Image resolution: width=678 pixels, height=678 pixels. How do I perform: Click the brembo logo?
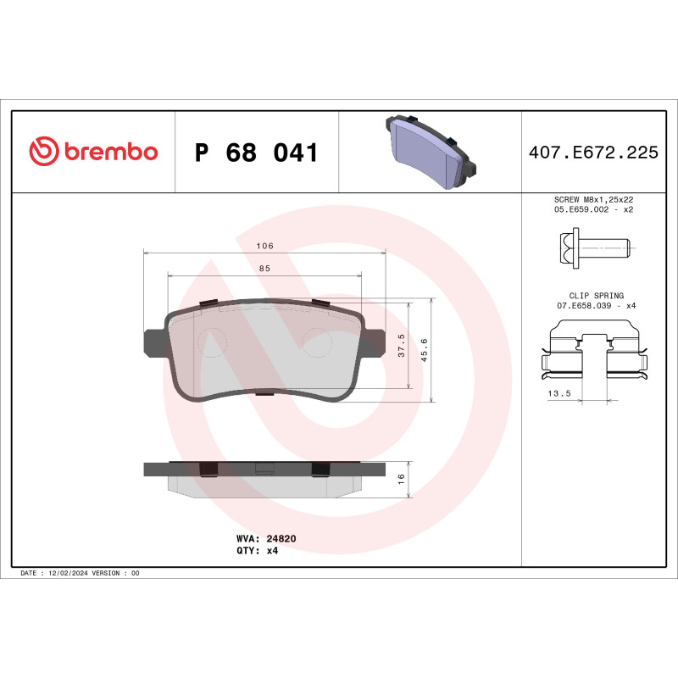(x=93, y=153)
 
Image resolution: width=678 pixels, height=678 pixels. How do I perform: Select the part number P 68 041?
(x=256, y=153)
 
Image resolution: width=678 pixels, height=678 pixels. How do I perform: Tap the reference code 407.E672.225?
(x=593, y=153)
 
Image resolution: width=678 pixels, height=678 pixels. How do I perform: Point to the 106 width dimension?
(x=264, y=246)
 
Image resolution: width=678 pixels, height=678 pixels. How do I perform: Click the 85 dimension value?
(x=264, y=269)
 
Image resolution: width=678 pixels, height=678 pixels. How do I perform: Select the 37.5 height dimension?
(x=401, y=347)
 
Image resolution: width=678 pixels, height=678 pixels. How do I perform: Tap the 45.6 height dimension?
(x=425, y=347)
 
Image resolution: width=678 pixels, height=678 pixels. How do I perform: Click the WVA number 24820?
(x=281, y=538)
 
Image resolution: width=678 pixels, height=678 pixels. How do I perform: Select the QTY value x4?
(x=273, y=550)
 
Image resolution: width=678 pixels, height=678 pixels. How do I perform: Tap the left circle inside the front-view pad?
(x=212, y=341)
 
